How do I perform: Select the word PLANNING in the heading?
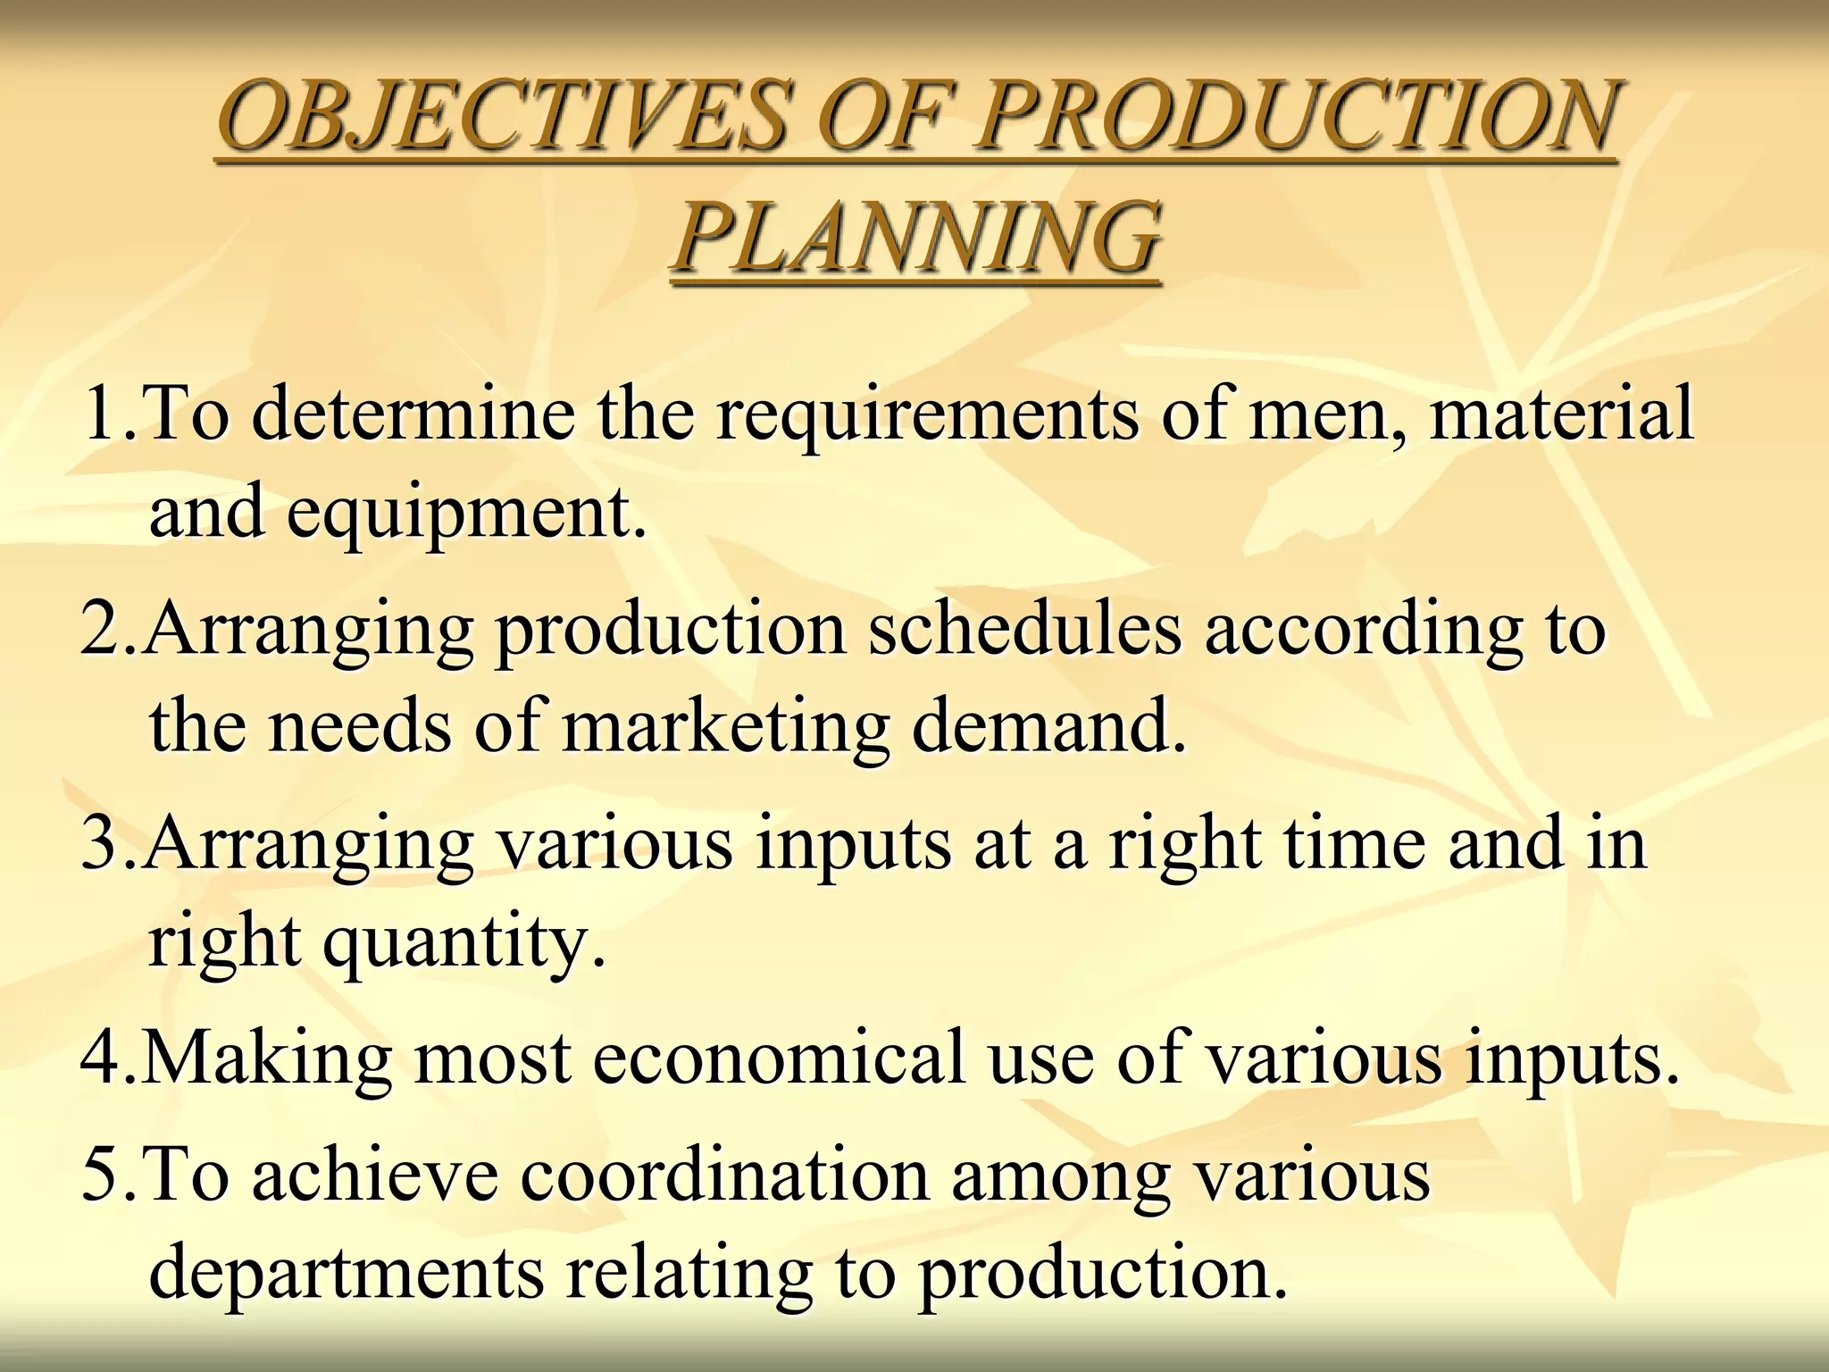coord(916,236)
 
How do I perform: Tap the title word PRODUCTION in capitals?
coord(1296,116)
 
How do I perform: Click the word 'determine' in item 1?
coord(413,413)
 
